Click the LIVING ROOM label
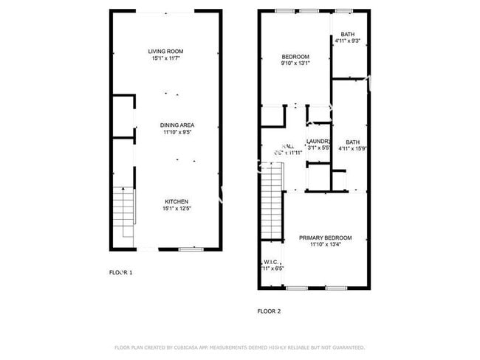(x=165, y=50)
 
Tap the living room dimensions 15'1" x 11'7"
(x=165, y=58)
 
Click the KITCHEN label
(x=176, y=201)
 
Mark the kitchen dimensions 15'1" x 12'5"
(x=176, y=209)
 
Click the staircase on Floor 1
(x=124, y=210)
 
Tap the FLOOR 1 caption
(x=121, y=273)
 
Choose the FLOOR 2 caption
(x=269, y=311)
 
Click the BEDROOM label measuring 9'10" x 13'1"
(x=295, y=57)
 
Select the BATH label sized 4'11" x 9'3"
(x=347, y=35)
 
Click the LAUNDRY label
(x=318, y=142)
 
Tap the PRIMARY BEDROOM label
(x=325, y=238)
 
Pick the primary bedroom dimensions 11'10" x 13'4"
(x=325, y=244)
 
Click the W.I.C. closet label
(x=270, y=262)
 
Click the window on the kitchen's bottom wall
(x=191, y=249)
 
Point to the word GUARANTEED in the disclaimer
(x=346, y=347)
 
